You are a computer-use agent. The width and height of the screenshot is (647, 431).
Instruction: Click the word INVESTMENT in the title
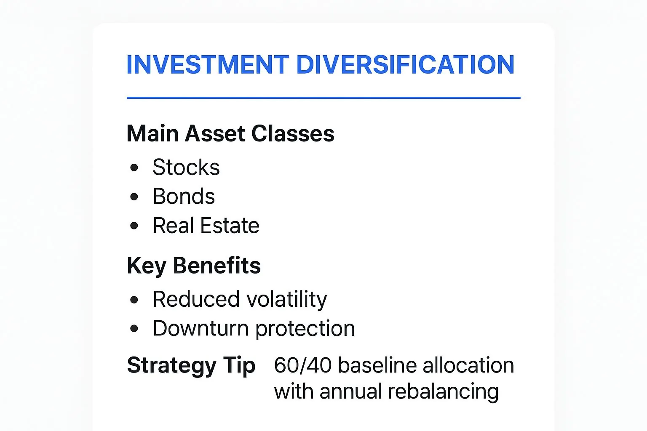click(207, 65)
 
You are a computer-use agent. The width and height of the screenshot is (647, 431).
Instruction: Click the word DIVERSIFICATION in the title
click(405, 65)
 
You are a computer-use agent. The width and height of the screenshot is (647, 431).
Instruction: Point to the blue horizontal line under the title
click(323, 98)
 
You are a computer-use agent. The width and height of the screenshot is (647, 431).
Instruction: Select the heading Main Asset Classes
click(230, 134)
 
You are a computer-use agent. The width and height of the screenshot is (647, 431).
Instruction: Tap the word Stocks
click(186, 168)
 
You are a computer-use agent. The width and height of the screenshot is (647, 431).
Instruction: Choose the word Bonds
click(184, 197)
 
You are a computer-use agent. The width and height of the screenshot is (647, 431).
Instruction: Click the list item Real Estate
click(206, 226)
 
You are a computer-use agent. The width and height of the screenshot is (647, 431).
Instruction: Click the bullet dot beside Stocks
click(134, 168)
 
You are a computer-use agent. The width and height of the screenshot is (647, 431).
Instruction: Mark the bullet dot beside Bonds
click(134, 197)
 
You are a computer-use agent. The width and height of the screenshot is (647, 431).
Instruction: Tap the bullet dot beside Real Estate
click(134, 226)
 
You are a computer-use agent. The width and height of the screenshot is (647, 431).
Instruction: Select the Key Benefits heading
click(194, 266)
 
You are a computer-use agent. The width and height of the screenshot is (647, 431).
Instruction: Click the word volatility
click(286, 299)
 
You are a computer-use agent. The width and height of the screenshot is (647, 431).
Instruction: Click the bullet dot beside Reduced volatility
click(134, 300)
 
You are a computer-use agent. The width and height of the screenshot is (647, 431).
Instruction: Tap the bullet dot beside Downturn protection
click(134, 329)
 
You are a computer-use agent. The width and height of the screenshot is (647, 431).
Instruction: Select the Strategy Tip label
click(191, 365)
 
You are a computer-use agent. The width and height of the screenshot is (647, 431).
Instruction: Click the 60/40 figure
click(302, 365)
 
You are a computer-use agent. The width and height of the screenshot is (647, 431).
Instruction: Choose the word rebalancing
click(443, 392)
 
